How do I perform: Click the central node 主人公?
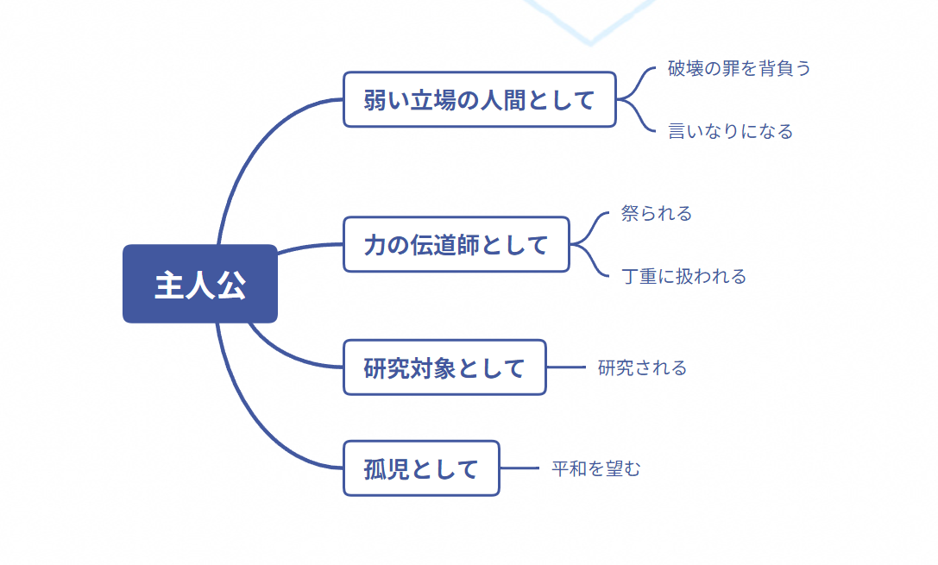[x=200, y=284]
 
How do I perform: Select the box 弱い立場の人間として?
[x=479, y=99]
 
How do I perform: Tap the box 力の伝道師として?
[x=456, y=244]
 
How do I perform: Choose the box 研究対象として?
[x=444, y=367]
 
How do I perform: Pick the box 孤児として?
[x=421, y=468]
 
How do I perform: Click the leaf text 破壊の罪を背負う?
[x=739, y=68]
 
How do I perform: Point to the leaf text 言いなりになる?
[x=730, y=131]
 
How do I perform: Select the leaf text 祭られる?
[x=656, y=213]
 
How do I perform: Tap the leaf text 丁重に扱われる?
[x=683, y=276]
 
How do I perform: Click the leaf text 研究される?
[x=642, y=367]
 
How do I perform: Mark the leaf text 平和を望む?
[x=595, y=468]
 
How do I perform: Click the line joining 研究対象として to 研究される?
[x=566, y=367]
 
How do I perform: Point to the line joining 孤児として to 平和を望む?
[x=519, y=468]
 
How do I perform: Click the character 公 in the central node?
[x=231, y=285]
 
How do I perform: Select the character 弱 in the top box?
[x=375, y=100]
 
